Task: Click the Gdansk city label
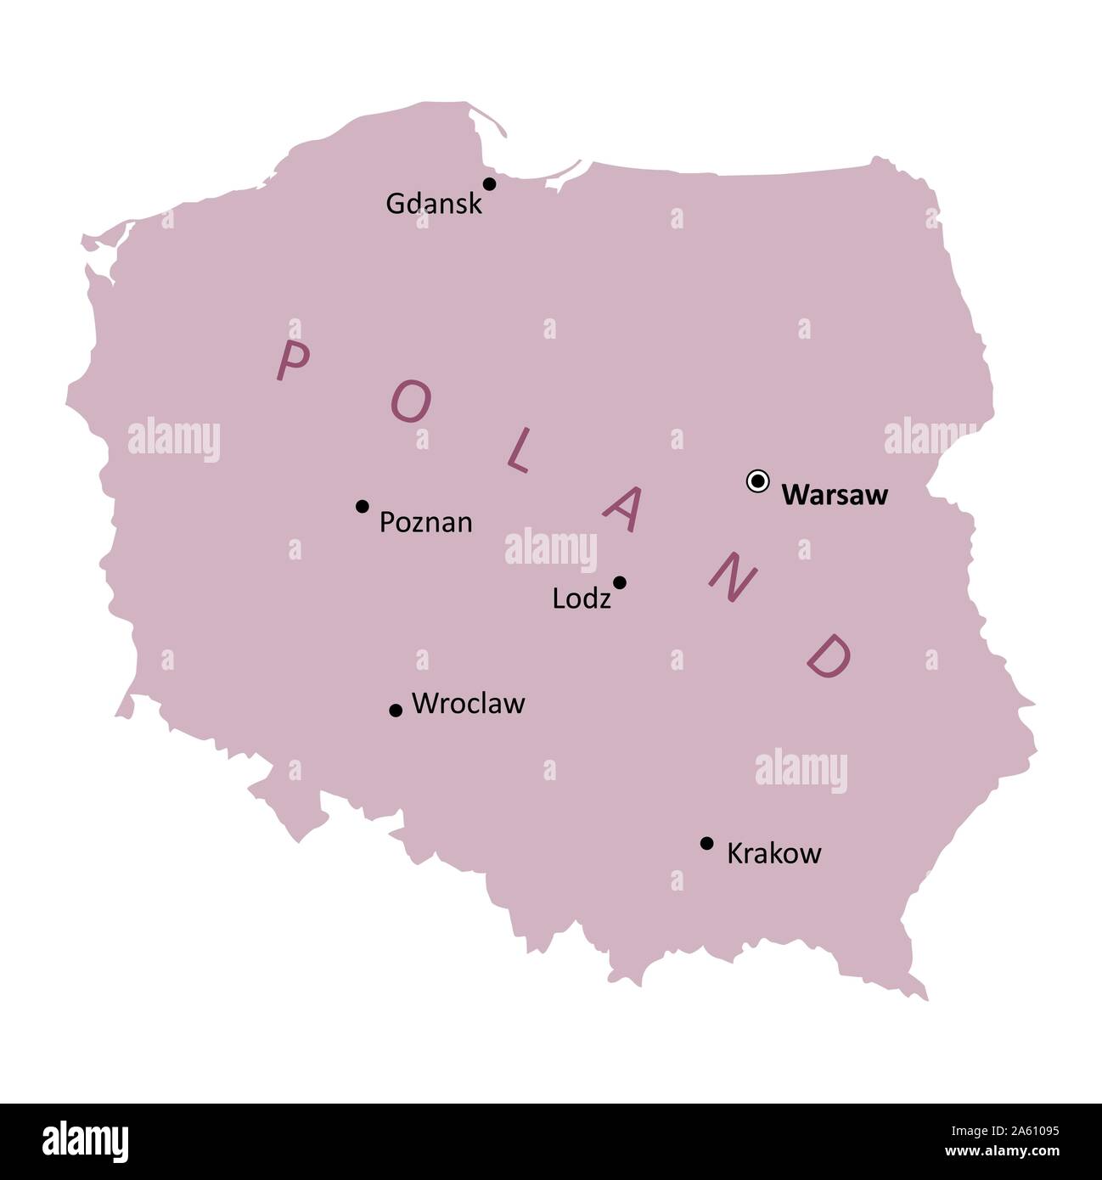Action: point(433,204)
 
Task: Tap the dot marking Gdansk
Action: point(489,183)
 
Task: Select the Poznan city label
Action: point(425,522)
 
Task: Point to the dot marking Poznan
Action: point(362,506)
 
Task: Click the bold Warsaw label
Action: point(834,495)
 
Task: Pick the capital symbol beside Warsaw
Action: point(757,481)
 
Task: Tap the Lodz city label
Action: point(581,599)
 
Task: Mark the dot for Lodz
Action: point(620,582)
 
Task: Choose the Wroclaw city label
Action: point(468,704)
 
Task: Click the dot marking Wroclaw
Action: point(395,710)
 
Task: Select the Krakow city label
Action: point(773,853)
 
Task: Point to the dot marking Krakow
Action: point(706,843)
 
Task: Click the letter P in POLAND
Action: point(292,361)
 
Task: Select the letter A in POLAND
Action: point(621,509)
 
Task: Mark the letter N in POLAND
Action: point(732,578)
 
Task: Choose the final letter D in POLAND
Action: point(828,655)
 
